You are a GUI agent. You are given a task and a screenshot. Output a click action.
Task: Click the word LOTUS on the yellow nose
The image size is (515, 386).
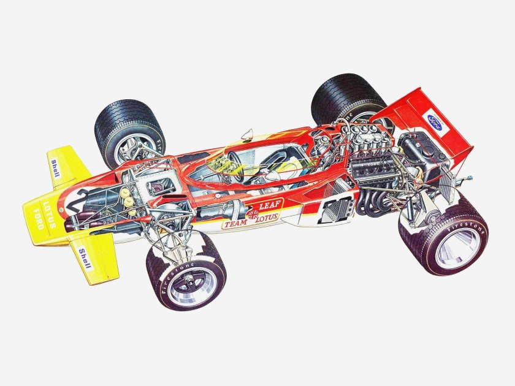click(x=49, y=210)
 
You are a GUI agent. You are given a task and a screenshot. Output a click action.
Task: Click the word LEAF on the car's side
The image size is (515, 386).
click(x=268, y=205)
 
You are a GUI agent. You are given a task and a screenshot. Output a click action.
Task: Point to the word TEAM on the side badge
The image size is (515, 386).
click(x=235, y=224)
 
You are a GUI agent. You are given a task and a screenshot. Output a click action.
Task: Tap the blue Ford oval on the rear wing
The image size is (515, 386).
click(x=435, y=117)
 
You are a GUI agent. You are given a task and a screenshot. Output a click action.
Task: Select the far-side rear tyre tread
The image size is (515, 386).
click(x=343, y=92)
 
